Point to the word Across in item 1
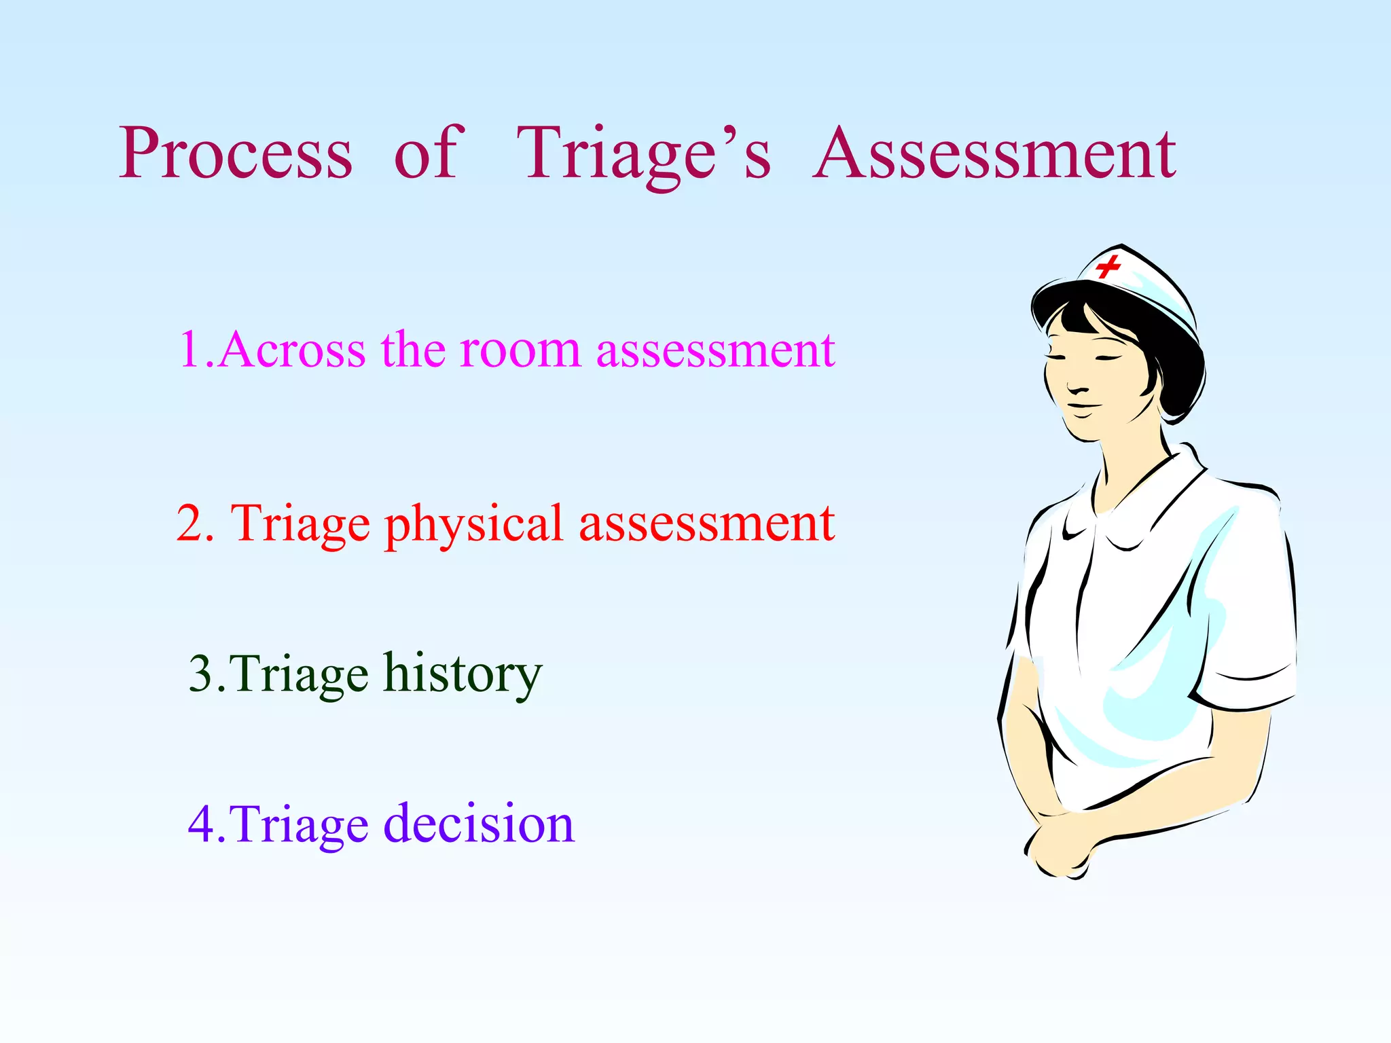[293, 350]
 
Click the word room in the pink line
[520, 350]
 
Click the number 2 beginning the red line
[195, 524]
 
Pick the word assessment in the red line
[706, 524]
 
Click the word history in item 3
[463, 674]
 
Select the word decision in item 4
[479, 824]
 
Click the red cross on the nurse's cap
[1107, 266]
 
